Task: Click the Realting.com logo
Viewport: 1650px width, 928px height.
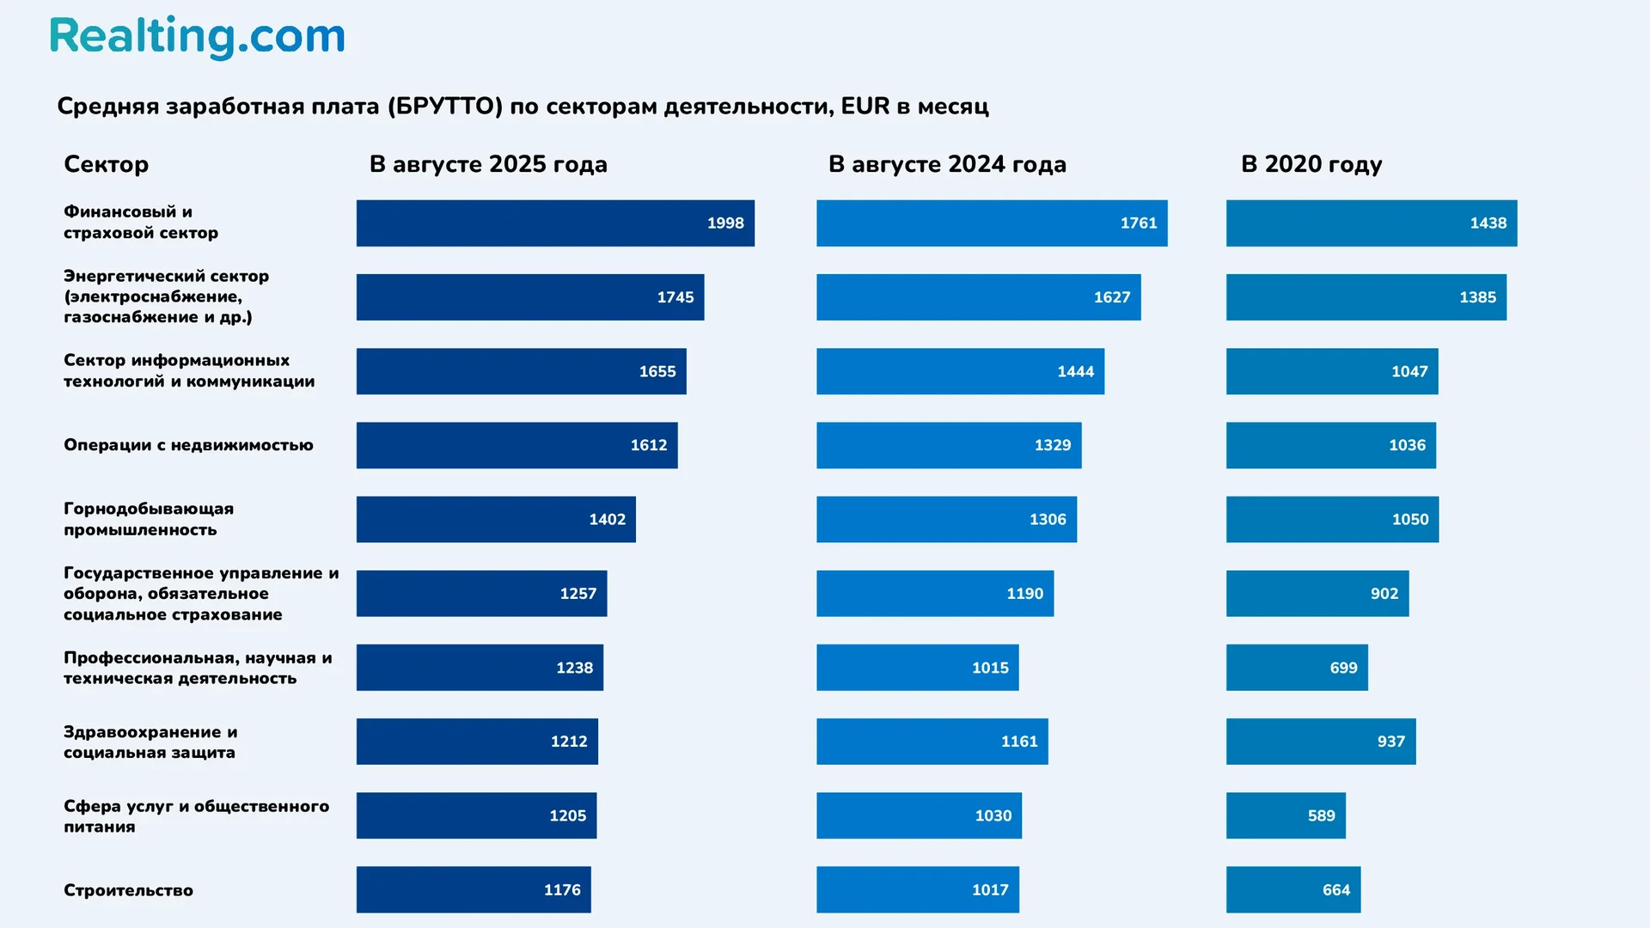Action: pyautogui.click(x=197, y=37)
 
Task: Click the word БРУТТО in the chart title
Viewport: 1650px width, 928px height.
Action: pyautogui.click(x=444, y=107)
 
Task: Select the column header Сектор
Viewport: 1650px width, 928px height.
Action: pyautogui.click(x=106, y=164)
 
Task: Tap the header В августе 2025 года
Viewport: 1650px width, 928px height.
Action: pyautogui.click(x=487, y=164)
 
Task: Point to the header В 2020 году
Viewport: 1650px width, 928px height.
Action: pyautogui.click(x=1311, y=164)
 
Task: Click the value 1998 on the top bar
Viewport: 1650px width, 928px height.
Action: pyautogui.click(x=724, y=223)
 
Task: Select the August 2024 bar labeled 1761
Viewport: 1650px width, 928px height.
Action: pyautogui.click(x=991, y=223)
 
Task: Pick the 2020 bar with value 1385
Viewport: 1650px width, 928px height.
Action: pyautogui.click(x=1366, y=297)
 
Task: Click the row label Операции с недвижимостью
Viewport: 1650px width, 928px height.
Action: pyautogui.click(x=188, y=445)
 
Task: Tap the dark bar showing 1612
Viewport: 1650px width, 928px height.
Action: pyautogui.click(x=516, y=445)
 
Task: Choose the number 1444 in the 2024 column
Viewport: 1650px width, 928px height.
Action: pyautogui.click(x=1075, y=372)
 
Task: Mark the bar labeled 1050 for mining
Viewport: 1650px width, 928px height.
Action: pyautogui.click(x=1331, y=520)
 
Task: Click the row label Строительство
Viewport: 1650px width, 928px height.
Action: pyautogui.click(x=128, y=890)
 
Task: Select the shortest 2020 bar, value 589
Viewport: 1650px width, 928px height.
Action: pyautogui.click(x=1285, y=815)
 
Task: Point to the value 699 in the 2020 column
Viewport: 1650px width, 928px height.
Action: pyautogui.click(x=1343, y=668)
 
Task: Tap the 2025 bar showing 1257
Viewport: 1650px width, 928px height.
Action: pyautogui.click(x=481, y=594)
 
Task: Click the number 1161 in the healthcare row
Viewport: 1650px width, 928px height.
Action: pyautogui.click(x=1018, y=742)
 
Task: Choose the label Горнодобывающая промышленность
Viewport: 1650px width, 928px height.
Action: pyautogui.click(x=148, y=519)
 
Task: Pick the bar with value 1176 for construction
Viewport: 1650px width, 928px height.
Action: pyautogui.click(x=473, y=890)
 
